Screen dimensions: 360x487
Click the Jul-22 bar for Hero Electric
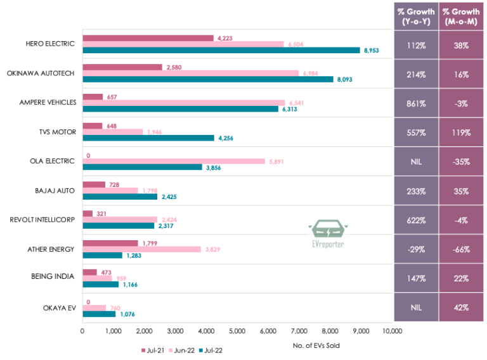(221, 50)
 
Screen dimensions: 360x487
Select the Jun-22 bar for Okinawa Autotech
(190, 73)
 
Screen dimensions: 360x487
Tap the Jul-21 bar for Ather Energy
(110, 243)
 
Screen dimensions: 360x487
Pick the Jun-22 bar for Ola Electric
(174, 161)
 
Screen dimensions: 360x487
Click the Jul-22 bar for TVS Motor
(148, 138)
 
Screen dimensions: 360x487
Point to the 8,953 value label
(371, 50)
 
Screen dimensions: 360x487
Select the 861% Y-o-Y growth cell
(415, 103)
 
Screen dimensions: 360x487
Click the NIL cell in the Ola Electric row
(415, 162)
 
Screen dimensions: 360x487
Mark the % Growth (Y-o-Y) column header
(415, 16)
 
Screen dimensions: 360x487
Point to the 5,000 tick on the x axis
(237, 331)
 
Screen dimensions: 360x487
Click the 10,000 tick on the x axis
(393, 331)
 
